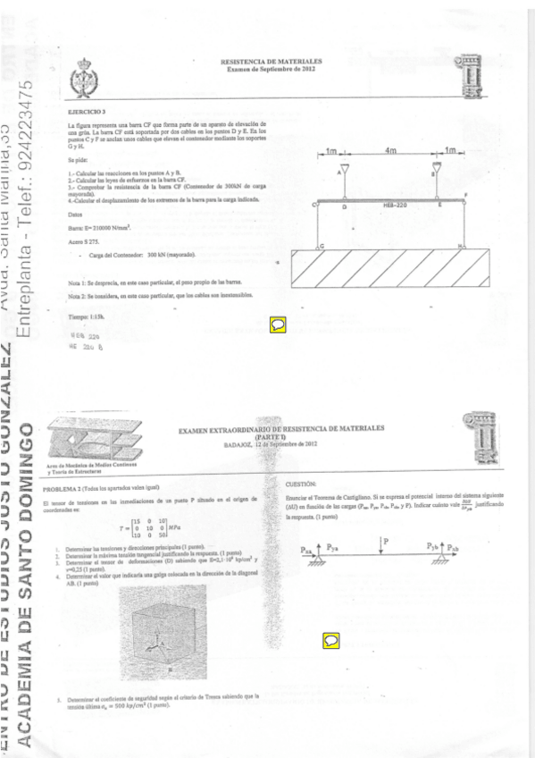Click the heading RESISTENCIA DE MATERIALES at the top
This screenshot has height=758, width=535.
pos(271,62)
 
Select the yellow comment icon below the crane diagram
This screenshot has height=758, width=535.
pos(278,324)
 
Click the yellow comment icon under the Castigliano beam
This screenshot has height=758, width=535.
pos(330,639)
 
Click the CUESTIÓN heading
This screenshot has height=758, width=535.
pos(296,483)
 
